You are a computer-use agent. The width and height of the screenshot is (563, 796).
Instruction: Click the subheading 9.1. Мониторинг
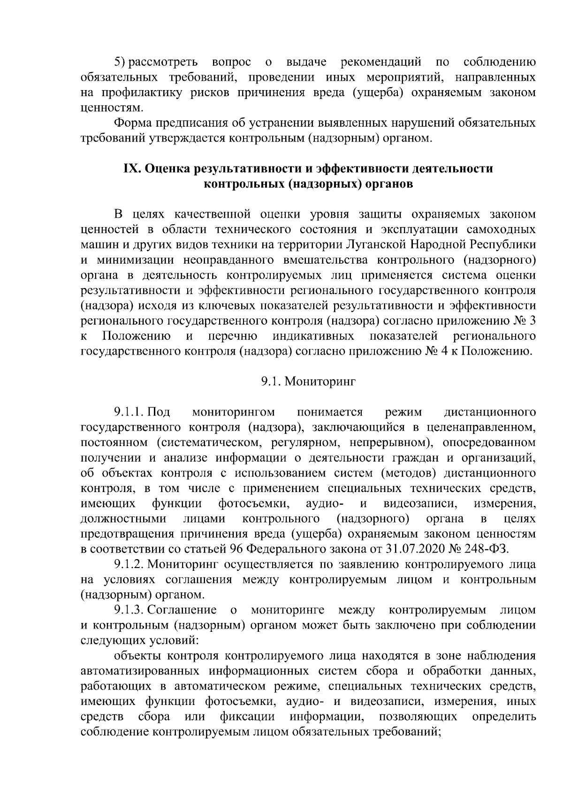pyautogui.click(x=308, y=381)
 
